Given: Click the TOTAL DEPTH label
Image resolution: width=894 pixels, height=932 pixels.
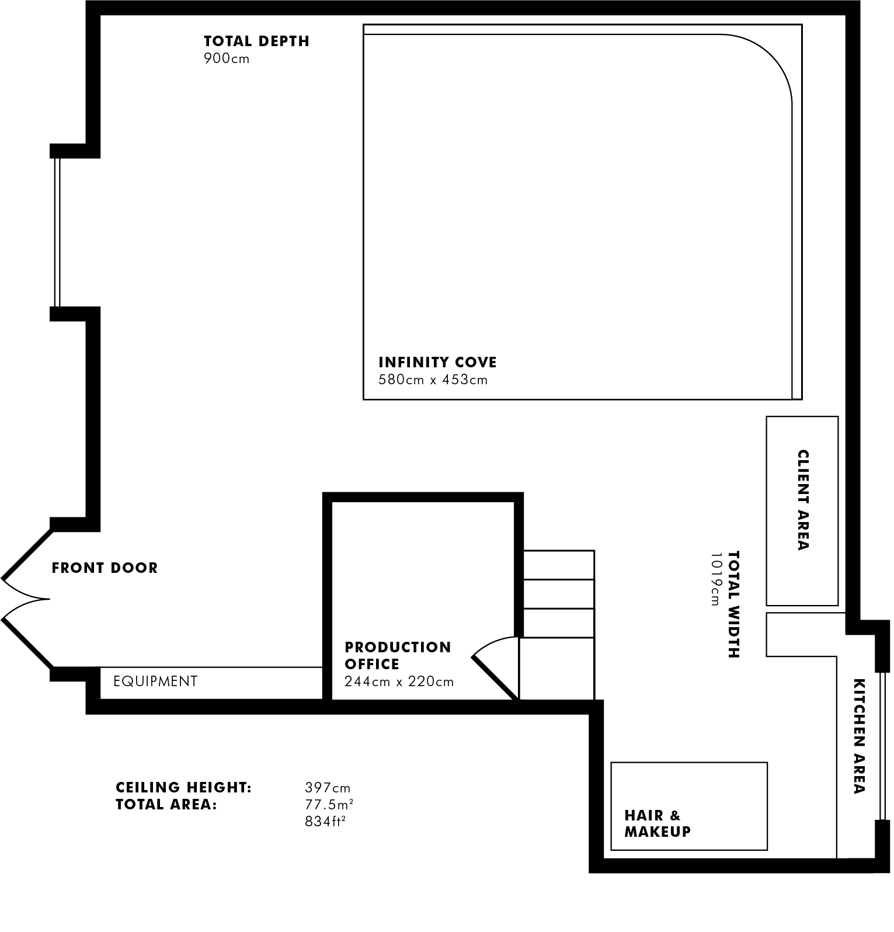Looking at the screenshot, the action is click(256, 41).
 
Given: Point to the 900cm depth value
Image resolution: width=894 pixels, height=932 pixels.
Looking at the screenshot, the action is click(227, 59).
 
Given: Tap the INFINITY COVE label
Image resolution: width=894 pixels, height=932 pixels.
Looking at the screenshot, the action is click(437, 363).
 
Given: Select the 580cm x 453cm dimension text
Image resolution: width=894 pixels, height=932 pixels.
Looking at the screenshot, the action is click(433, 380).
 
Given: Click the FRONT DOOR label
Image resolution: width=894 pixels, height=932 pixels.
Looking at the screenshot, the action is click(105, 568).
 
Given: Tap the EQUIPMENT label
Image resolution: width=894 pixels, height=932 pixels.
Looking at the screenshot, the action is click(155, 681).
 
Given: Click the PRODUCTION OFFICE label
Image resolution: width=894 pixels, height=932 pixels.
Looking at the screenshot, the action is click(398, 656).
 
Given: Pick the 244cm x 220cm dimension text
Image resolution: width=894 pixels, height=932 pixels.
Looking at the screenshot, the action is click(399, 682).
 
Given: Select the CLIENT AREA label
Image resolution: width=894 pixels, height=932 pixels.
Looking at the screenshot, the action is click(803, 500).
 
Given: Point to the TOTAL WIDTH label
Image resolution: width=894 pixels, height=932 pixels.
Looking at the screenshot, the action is click(734, 604).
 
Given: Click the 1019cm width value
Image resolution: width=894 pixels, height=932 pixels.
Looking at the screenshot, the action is click(716, 579).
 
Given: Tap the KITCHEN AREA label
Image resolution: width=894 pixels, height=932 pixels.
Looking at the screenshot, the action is click(858, 736).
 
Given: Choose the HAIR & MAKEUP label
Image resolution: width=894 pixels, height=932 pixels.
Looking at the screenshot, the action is click(658, 823).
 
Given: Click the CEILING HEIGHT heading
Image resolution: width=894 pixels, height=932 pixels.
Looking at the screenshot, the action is click(184, 788).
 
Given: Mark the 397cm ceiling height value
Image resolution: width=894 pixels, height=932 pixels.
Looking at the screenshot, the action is click(328, 788).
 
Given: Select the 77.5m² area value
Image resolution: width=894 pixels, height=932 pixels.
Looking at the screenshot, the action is click(329, 805).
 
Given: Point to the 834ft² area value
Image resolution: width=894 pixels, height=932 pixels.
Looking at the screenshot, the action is click(325, 822).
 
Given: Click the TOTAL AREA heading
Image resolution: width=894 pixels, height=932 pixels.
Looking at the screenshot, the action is click(166, 805).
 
